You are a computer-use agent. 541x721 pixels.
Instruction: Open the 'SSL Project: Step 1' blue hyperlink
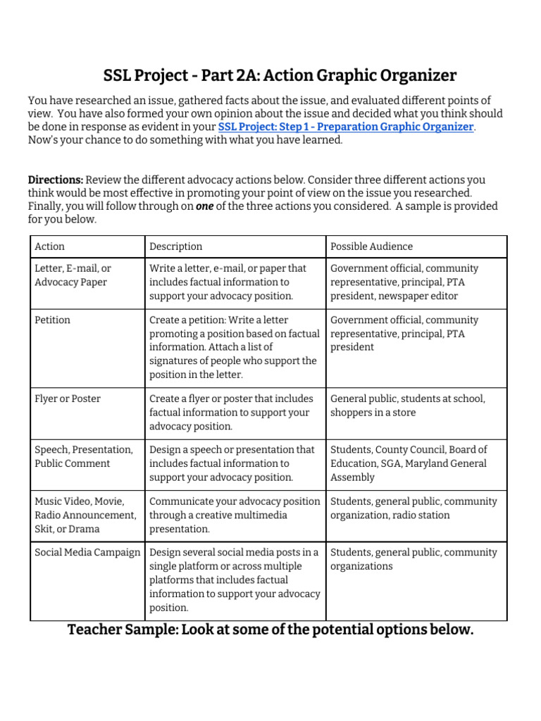click(x=346, y=127)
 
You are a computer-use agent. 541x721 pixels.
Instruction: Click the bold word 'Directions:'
click(x=55, y=180)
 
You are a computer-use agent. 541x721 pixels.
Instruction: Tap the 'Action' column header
click(x=49, y=246)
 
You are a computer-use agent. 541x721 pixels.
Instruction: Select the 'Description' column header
click(x=175, y=246)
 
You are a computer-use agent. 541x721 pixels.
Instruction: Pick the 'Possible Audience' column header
click(x=371, y=246)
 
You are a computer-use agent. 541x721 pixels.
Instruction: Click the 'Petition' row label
click(x=53, y=320)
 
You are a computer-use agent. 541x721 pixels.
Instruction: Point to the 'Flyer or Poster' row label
click(x=68, y=399)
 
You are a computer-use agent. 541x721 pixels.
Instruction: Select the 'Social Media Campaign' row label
click(x=87, y=553)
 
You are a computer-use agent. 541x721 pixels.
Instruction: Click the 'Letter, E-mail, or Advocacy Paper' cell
click(x=73, y=275)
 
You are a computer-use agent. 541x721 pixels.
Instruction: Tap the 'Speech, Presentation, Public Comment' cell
click(x=83, y=456)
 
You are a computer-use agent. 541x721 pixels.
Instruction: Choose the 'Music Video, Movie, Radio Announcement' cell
click(x=85, y=515)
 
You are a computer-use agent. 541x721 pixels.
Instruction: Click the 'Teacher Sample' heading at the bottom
click(x=270, y=629)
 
